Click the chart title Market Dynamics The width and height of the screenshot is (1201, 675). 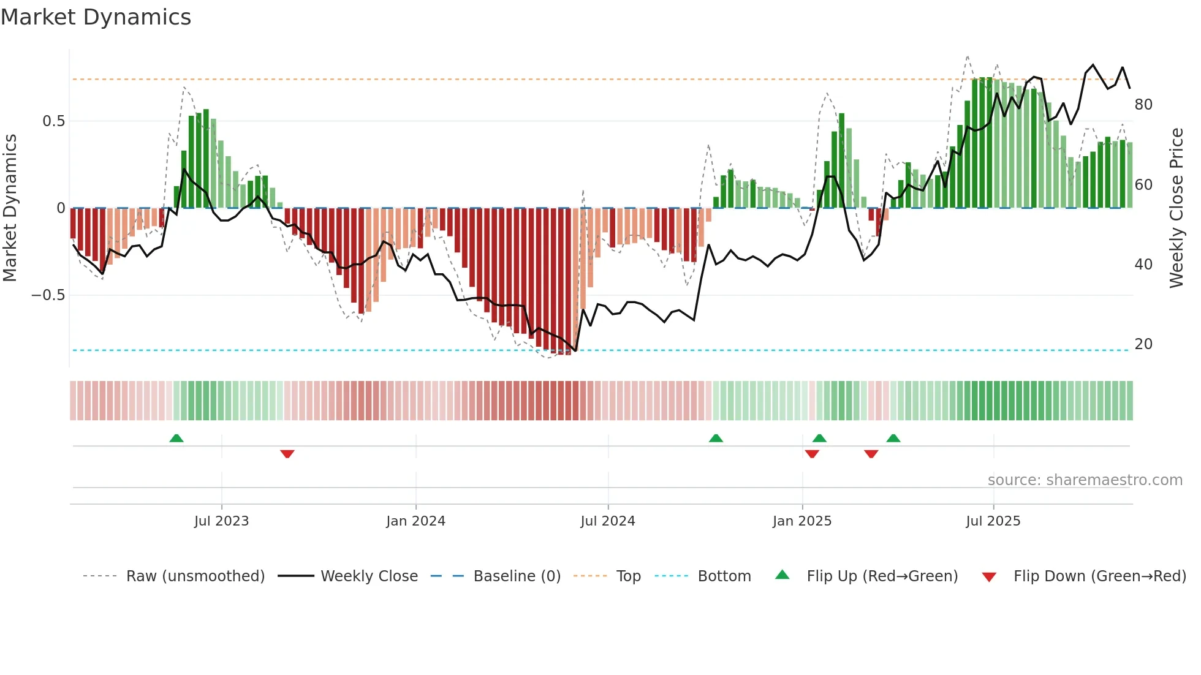pos(96,17)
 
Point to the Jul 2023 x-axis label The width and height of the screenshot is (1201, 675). pos(221,521)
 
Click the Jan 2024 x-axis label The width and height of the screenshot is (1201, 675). pos(415,521)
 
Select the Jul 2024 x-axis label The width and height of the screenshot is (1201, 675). pos(607,521)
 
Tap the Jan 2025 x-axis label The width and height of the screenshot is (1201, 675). pos(801,521)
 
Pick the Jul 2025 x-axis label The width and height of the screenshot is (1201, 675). pos(993,521)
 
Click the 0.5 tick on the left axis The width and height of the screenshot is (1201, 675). pos(53,121)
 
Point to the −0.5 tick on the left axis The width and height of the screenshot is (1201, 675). pos(48,295)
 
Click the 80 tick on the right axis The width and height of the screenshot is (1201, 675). pos(1143,105)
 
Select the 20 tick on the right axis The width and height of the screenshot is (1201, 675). pos(1143,344)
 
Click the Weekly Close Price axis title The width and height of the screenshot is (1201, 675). pos(1176,208)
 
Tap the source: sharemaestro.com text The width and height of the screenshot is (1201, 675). pos(1085,480)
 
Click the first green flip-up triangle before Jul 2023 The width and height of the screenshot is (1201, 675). pos(176,438)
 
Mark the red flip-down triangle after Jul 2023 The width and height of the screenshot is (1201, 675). pos(287,454)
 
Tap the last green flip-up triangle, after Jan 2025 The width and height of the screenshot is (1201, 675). pos(893,438)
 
